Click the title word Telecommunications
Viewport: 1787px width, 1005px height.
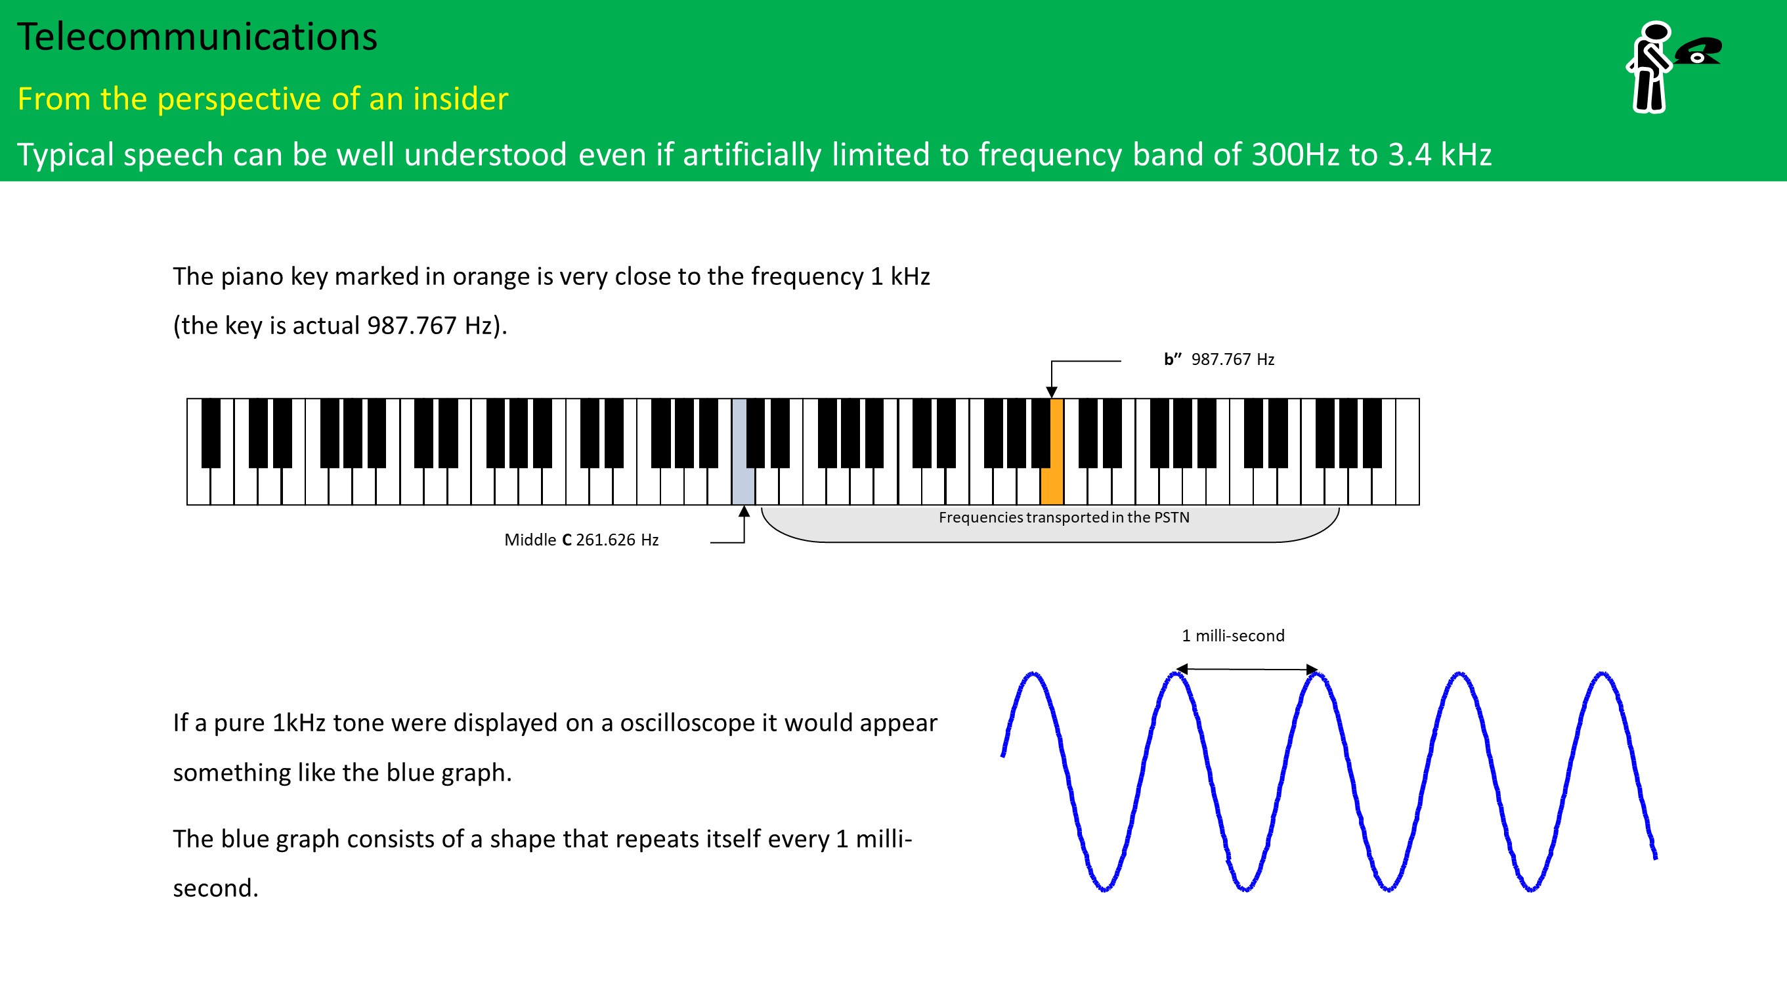[197, 37]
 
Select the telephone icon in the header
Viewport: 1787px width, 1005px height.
[1698, 51]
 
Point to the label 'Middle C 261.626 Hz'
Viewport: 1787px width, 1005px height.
[581, 540]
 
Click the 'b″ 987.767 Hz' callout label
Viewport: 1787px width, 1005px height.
[1219, 359]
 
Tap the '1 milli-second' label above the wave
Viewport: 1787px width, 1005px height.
[1233, 635]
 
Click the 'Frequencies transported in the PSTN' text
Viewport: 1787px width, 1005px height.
[1064, 517]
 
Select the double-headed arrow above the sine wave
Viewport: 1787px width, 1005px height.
[1247, 670]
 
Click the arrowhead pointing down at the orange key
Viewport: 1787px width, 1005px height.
[1052, 393]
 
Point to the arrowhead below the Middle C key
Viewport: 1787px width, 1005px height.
[744, 511]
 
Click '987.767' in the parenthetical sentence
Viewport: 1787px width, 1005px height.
[412, 326]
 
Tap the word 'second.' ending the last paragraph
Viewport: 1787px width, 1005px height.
[216, 888]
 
